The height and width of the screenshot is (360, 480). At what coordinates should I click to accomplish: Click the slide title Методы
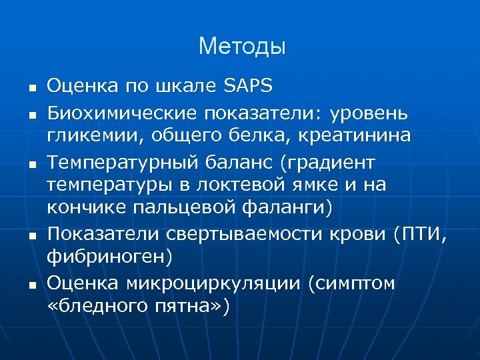(242, 46)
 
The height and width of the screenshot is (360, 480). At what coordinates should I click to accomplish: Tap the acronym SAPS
(249, 85)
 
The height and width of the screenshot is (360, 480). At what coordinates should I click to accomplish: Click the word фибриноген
(107, 257)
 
